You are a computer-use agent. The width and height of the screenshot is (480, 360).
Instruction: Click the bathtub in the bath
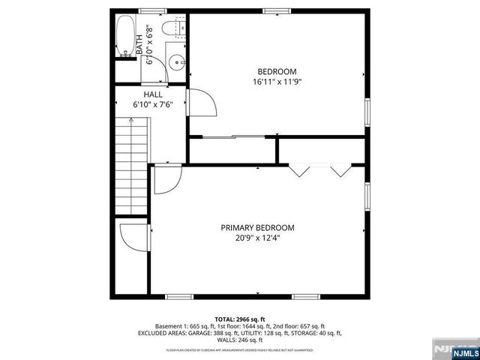pos(126,37)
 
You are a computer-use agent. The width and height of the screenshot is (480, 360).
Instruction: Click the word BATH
pos(139,42)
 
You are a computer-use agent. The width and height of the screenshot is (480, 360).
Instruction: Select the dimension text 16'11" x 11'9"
pos(277,82)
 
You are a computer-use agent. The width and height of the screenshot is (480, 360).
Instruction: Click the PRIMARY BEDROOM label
pos(257,228)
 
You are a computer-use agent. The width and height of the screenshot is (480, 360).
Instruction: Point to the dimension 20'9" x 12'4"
pos(257,239)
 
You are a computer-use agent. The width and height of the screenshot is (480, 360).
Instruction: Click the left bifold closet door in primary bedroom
pos(300,170)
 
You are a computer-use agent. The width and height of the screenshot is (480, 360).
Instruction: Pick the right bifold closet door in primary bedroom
pos(341,170)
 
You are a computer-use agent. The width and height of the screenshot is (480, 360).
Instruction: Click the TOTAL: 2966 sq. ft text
pos(239,319)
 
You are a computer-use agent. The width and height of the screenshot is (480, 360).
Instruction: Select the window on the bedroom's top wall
pos(277,10)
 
